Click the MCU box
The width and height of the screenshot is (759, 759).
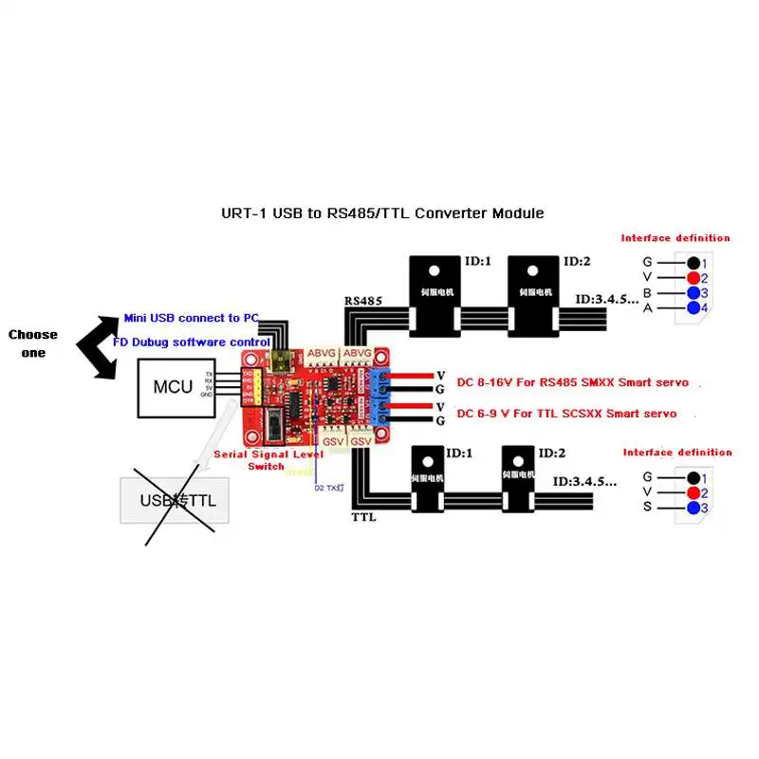[x=175, y=388]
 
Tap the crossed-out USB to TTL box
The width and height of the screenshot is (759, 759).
[x=178, y=500]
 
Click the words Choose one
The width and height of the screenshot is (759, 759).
[x=33, y=342]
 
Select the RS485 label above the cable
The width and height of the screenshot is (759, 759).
[x=362, y=301]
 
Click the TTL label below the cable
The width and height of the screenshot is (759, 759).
[x=364, y=518]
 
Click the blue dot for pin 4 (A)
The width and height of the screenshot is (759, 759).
[x=694, y=308]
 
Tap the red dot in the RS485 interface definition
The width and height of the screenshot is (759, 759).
[x=694, y=278]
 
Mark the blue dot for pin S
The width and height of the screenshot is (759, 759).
[x=694, y=509]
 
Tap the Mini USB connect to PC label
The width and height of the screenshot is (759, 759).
[x=191, y=318]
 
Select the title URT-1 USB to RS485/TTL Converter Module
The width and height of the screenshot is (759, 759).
[x=381, y=213]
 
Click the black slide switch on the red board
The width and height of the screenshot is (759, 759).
[x=274, y=426]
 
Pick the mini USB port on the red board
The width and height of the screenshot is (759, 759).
[x=283, y=361]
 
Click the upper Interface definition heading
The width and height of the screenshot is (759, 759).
[x=676, y=238]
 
